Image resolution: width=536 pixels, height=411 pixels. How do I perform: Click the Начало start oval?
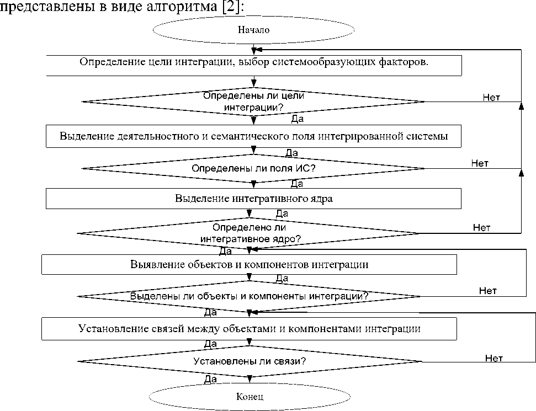[x=253, y=30]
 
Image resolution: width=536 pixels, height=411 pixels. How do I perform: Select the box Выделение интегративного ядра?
[x=253, y=199]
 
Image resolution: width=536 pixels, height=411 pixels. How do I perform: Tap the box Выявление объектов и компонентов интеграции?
[x=250, y=264]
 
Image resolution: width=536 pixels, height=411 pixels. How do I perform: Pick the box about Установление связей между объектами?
[x=250, y=330]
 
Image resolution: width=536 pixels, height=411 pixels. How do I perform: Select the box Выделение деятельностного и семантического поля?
[x=253, y=136]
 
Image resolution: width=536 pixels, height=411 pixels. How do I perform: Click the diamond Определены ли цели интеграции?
[x=253, y=102]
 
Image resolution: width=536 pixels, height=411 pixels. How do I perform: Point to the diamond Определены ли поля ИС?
[x=253, y=168]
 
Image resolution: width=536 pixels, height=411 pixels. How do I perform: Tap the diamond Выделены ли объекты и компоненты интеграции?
[x=250, y=296]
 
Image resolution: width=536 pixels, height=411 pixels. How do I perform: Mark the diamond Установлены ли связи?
[x=250, y=362]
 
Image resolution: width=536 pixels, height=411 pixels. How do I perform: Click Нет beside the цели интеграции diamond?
[x=491, y=97]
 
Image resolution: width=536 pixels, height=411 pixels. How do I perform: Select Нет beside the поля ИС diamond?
[x=480, y=163]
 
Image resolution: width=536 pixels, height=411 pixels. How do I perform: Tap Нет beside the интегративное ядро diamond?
[x=482, y=227]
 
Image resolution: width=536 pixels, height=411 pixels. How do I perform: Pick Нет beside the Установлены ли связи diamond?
[x=494, y=358]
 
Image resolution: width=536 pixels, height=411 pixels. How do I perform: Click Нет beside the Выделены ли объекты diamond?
[x=488, y=290]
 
